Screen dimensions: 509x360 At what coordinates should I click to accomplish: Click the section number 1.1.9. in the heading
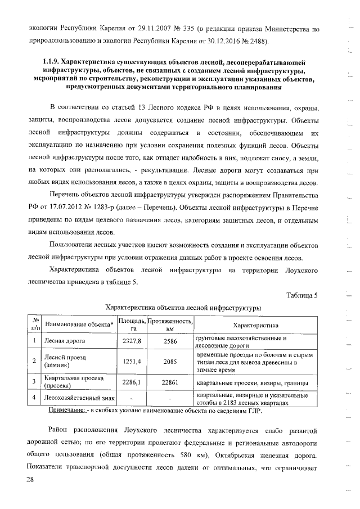pos(47,61)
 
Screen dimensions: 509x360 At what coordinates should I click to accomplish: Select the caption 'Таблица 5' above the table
pos(302,296)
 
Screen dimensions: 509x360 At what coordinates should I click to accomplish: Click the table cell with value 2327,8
pos(132,341)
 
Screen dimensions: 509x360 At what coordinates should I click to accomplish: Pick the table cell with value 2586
pos(170,341)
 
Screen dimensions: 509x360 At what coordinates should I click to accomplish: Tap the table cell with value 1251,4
pos(132,362)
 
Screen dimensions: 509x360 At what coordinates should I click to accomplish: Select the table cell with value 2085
pos(170,362)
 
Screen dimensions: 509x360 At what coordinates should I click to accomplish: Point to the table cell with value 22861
pos(170,382)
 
